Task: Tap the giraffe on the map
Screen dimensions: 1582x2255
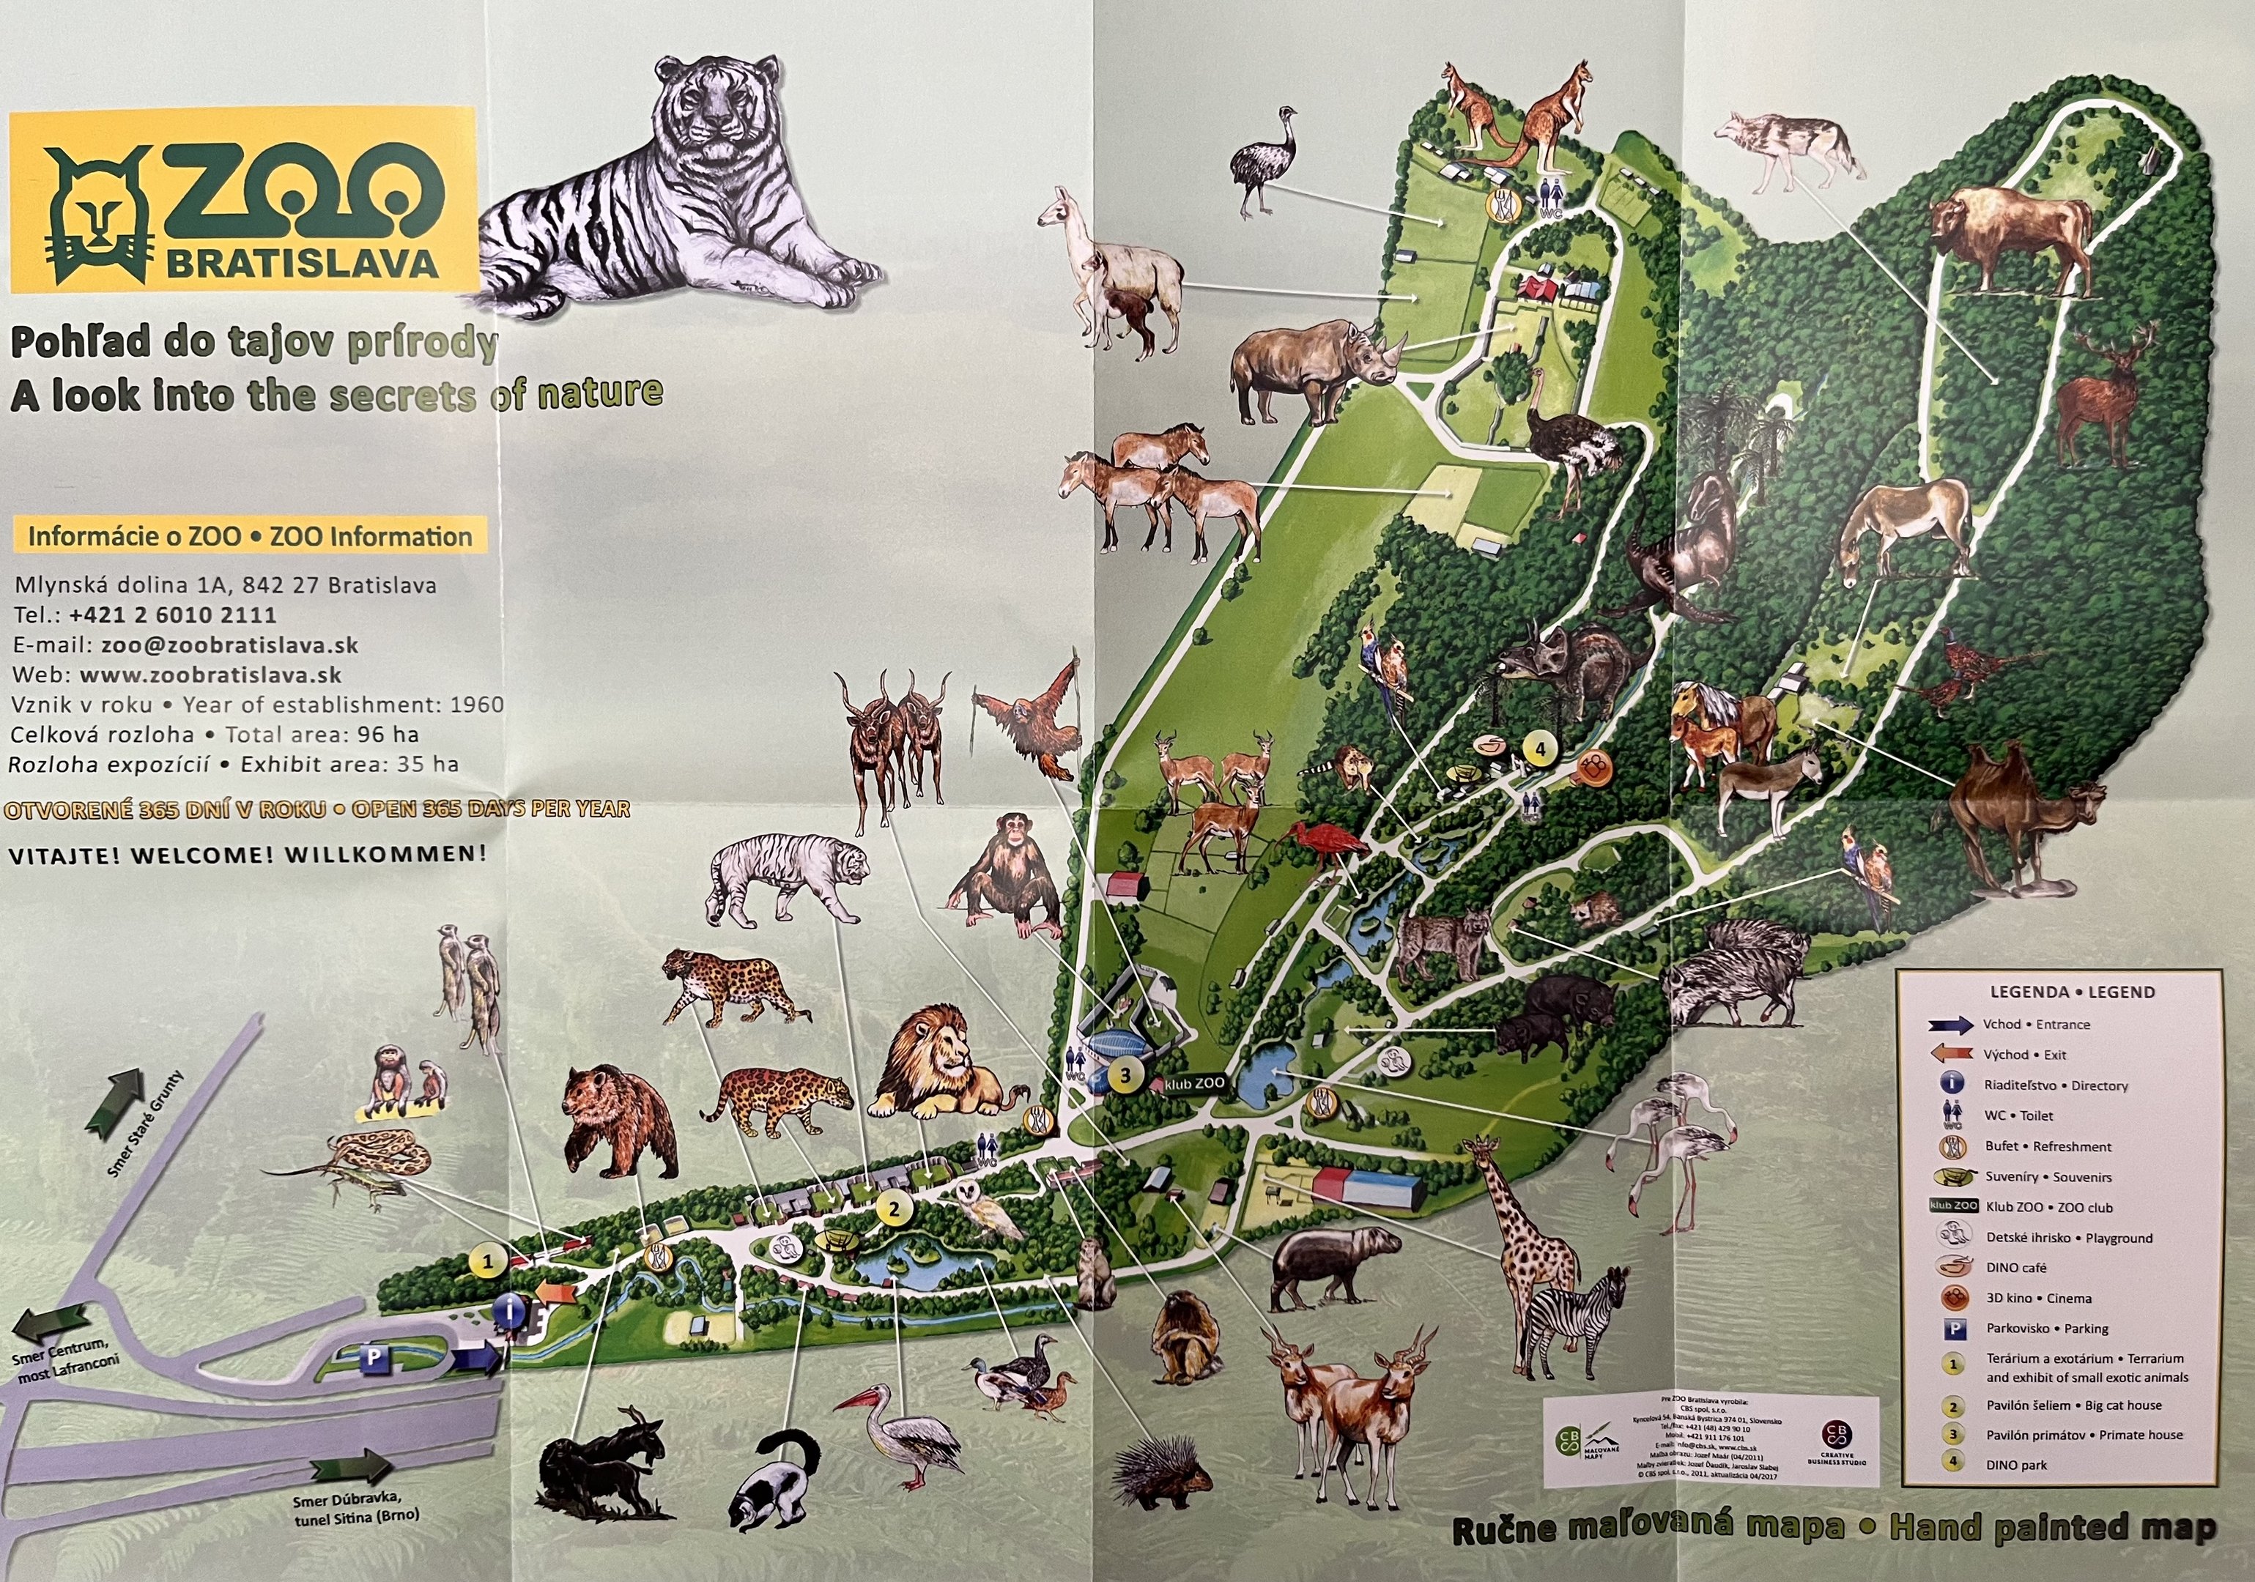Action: [1517, 1237]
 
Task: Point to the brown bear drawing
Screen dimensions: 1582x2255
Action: [619, 1119]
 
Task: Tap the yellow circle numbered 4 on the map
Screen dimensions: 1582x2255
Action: [1540, 749]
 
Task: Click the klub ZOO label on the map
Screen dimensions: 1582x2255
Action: [1193, 1083]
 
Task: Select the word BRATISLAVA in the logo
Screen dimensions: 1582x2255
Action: [302, 263]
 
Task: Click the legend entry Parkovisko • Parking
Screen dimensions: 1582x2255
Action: [2047, 1329]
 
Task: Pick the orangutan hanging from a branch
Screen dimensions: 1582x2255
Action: [1032, 717]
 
